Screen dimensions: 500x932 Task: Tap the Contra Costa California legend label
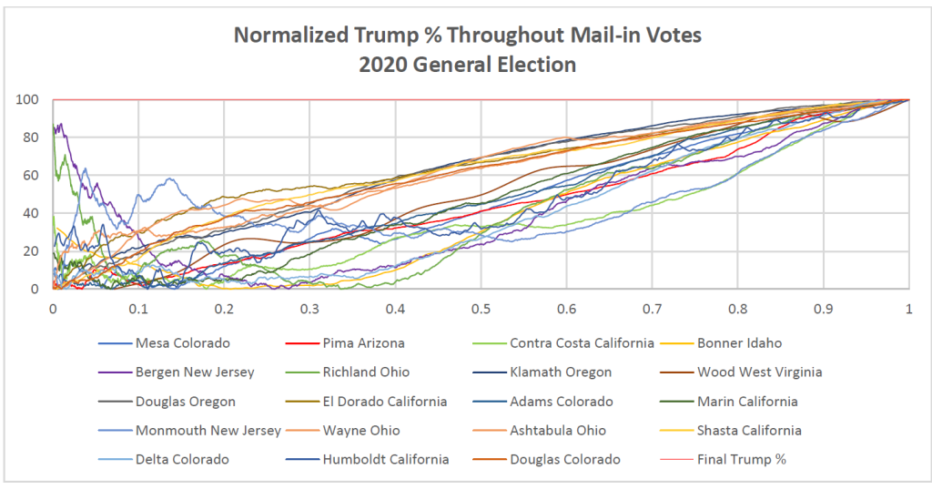[582, 342]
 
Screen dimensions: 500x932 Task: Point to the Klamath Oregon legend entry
[560, 372]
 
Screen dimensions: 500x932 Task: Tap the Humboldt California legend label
[386, 459]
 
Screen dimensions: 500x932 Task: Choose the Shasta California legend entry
[751, 430]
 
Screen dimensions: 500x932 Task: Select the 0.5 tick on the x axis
[481, 309]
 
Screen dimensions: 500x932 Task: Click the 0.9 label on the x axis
[823, 309]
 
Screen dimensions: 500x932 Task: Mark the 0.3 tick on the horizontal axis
[309, 309]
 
